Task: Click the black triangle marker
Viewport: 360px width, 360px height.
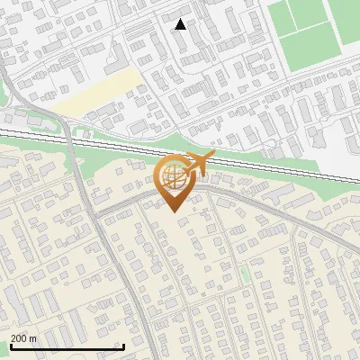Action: coord(181,24)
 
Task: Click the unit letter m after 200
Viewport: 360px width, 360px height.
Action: coord(33,338)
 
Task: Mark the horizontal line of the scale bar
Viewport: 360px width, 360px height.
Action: coord(67,347)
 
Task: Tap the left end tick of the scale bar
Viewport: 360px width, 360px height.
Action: coord(10,346)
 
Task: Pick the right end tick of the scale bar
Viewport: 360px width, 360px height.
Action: coord(123,346)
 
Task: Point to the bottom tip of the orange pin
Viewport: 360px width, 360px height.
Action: coord(173,211)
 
